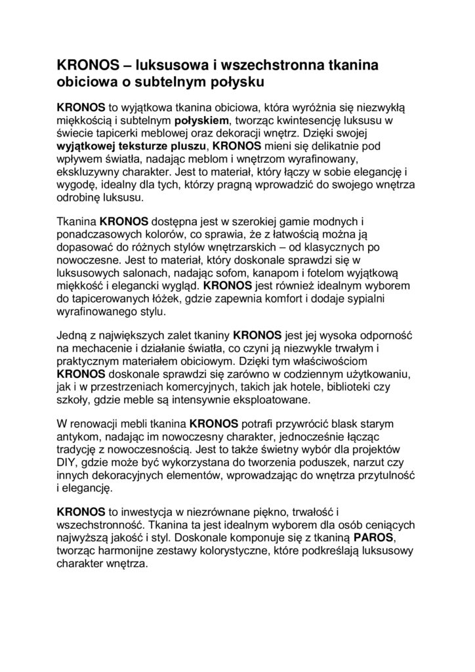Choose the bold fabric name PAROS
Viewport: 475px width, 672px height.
click(372, 539)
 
